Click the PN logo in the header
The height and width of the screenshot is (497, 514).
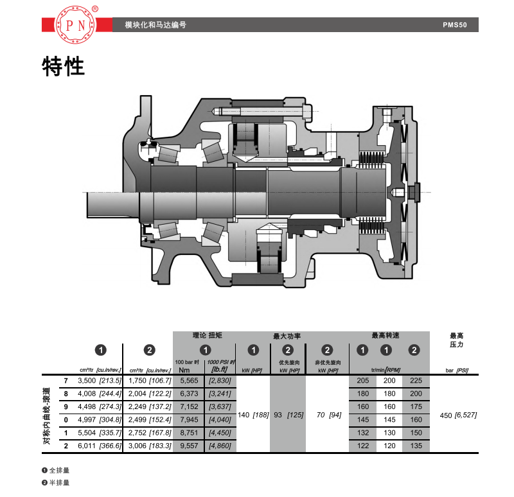(x=76, y=24)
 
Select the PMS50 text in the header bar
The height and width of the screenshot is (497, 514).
(x=455, y=25)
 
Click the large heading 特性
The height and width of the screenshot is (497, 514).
(x=63, y=67)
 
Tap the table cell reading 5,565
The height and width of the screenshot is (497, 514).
(x=189, y=381)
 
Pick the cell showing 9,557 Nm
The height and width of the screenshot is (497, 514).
(x=189, y=446)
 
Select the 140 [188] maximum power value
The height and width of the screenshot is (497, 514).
(x=253, y=415)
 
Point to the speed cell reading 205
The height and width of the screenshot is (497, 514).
(x=363, y=381)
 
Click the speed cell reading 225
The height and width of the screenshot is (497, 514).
(x=416, y=381)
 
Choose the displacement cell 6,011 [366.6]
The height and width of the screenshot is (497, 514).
(x=100, y=446)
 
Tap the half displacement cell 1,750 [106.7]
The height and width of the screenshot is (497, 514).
(x=150, y=381)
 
